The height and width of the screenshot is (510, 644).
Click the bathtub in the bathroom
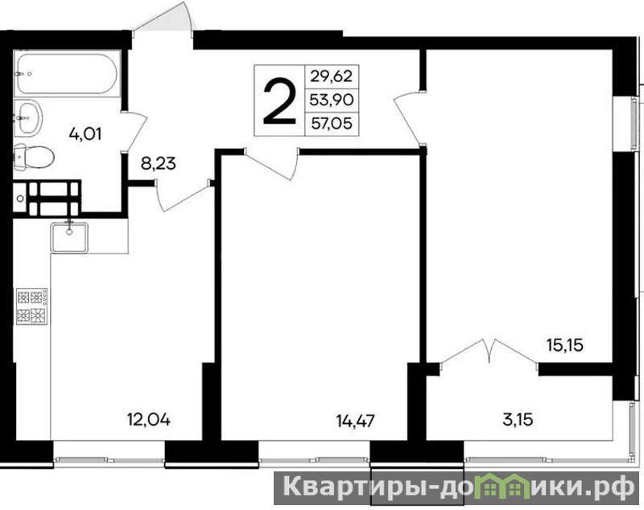pyautogui.click(x=68, y=74)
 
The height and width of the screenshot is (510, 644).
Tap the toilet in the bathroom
pyautogui.click(x=34, y=157)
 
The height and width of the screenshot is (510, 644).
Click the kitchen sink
pyautogui.click(x=69, y=237)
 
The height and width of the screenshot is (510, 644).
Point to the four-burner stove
pyautogui.click(x=32, y=306)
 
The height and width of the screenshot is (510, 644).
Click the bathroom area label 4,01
pyautogui.click(x=85, y=134)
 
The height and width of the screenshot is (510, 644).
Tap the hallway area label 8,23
pyautogui.click(x=158, y=164)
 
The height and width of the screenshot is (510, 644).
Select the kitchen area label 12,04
pyautogui.click(x=149, y=420)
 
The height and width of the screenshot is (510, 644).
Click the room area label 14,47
pyautogui.click(x=355, y=421)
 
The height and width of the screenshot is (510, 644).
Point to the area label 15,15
pyautogui.click(x=565, y=345)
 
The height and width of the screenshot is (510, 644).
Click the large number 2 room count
pyautogui.click(x=279, y=101)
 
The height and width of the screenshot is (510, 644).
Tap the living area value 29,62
pyautogui.click(x=332, y=76)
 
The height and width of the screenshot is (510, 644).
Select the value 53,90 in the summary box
pyautogui.click(x=332, y=100)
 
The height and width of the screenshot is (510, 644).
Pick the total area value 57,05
pyautogui.click(x=332, y=123)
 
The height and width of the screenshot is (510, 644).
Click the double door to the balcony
pyautogui.click(x=489, y=352)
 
